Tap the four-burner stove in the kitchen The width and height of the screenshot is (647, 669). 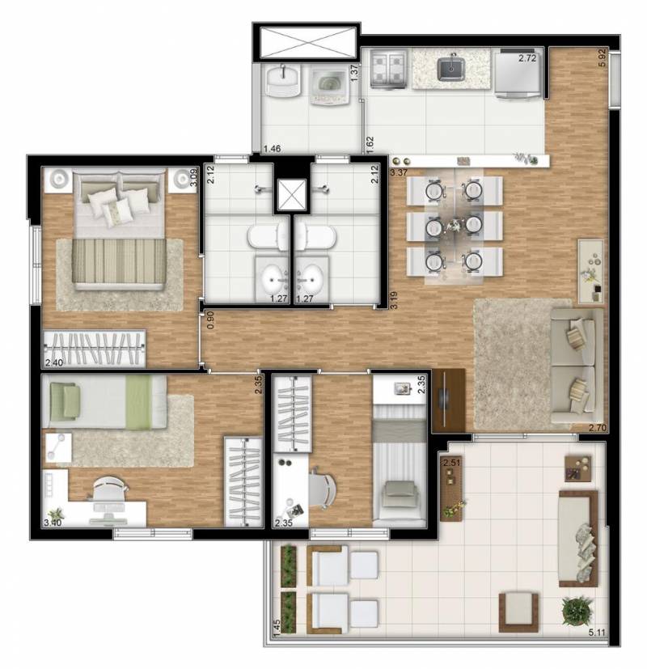(x=388, y=68)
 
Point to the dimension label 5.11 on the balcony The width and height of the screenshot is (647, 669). (x=597, y=633)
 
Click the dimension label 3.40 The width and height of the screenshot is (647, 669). (x=53, y=523)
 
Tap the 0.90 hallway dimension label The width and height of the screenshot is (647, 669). (x=210, y=320)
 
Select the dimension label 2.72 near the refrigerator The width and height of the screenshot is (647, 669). (x=527, y=58)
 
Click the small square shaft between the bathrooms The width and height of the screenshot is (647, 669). (x=292, y=195)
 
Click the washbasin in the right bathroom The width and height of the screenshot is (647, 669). (x=311, y=277)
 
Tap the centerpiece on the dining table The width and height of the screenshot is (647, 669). (x=455, y=224)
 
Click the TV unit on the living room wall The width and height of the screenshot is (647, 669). (x=448, y=400)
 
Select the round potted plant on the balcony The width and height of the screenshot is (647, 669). (x=577, y=611)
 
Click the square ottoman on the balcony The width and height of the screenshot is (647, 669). (x=518, y=612)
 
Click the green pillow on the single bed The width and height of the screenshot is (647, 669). (x=66, y=400)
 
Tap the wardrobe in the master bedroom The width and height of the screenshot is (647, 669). (x=95, y=348)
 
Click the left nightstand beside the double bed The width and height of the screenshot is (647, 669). (x=57, y=180)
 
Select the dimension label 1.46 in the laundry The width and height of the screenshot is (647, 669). (x=272, y=149)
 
